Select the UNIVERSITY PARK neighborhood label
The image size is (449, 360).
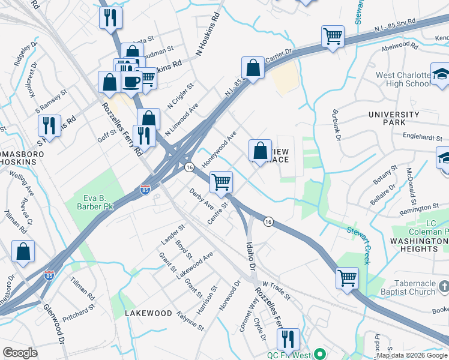pyautogui.click(x=394, y=119)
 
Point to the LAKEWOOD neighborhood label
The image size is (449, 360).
pyautogui.click(x=148, y=313)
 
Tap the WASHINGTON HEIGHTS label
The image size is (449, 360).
pyautogui.click(x=414, y=244)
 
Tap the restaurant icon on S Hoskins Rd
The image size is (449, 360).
pyautogui.click(x=49, y=125)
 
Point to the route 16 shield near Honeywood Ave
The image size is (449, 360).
pyautogui.click(x=189, y=167)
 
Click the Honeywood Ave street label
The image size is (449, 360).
pyautogui.click(x=220, y=149)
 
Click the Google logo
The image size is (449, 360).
pyautogui.click(x=20, y=353)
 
